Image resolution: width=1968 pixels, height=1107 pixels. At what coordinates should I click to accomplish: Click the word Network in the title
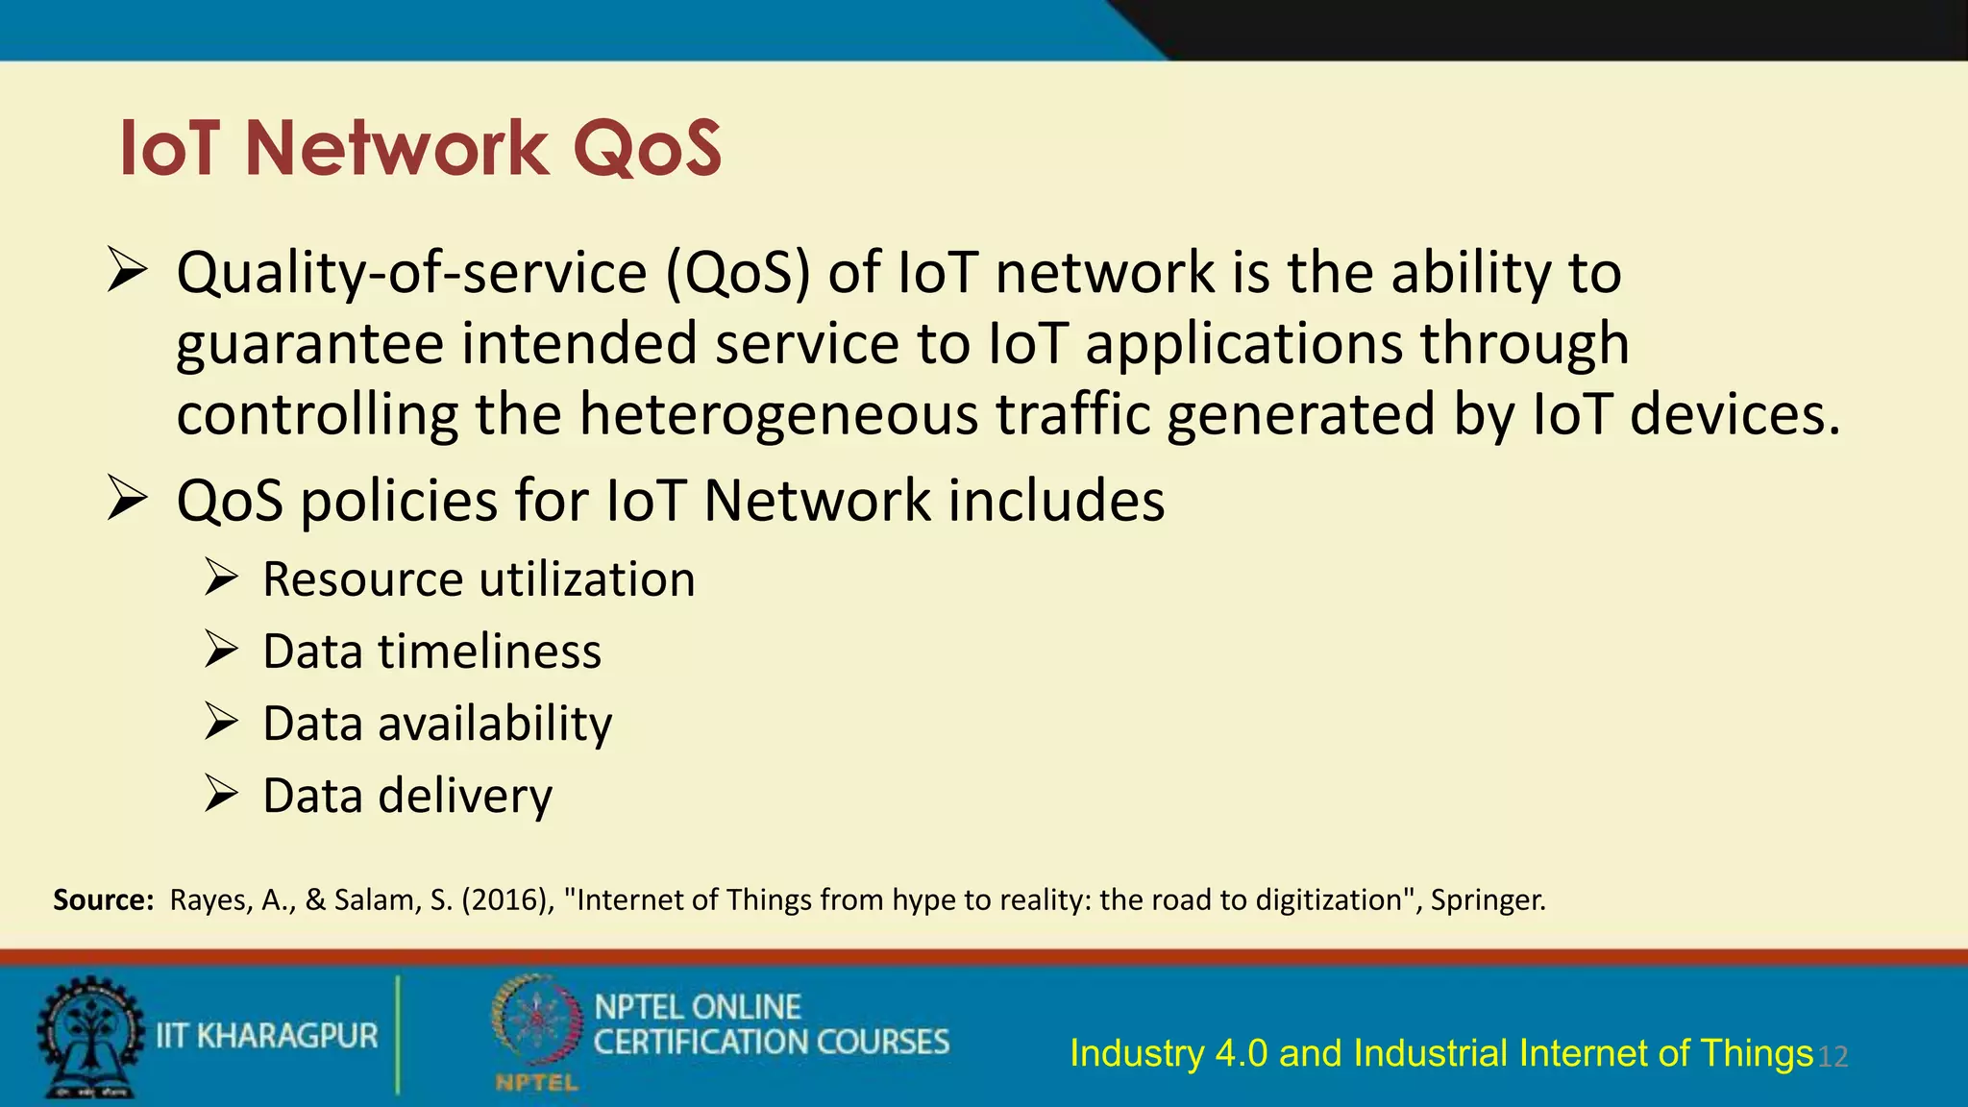[397, 149]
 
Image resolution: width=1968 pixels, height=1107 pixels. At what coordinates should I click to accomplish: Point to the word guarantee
[309, 345]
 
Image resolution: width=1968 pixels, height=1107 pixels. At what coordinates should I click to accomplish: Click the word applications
[1243, 345]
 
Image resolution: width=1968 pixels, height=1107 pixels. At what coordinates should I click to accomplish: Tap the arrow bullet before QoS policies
[127, 499]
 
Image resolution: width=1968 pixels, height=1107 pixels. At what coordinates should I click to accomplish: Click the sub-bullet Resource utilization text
[479, 579]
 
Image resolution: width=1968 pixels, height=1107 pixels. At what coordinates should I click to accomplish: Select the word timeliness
[489, 652]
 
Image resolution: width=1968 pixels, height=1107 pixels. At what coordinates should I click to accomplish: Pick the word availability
[495, 724]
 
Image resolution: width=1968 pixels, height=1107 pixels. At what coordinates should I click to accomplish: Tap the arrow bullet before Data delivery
[221, 795]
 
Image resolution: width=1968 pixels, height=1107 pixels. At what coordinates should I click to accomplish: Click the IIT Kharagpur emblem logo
[89, 1037]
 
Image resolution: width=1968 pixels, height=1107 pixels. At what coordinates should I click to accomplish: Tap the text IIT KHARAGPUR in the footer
[267, 1036]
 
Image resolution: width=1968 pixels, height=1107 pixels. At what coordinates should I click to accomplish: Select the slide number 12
[1833, 1057]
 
